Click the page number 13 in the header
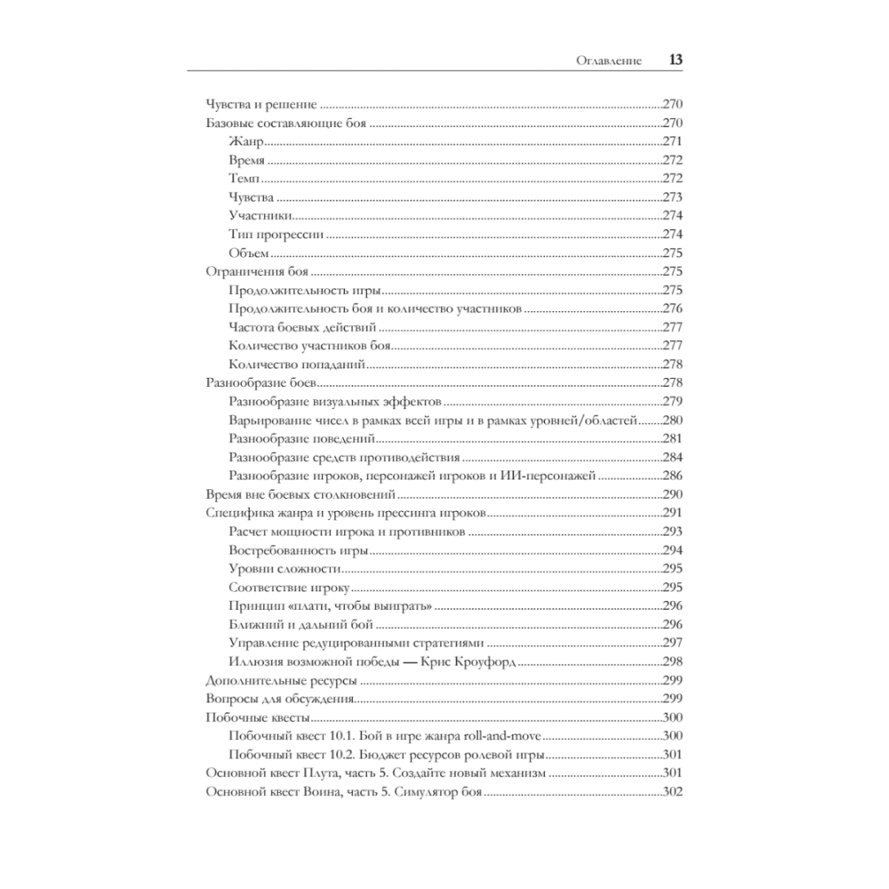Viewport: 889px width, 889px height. (x=675, y=61)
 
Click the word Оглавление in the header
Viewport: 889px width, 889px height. (x=611, y=62)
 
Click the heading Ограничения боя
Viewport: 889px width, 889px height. (x=256, y=272)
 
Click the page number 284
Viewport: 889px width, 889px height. (x=672, y=458)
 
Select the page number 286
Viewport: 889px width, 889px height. (x=672, y=476)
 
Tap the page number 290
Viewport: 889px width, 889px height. (x=672, y=494)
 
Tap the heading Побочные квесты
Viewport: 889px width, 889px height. (x=257, y=717)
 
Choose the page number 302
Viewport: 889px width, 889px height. (x=672, y=792)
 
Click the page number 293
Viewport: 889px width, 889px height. (x=672, y=532)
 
